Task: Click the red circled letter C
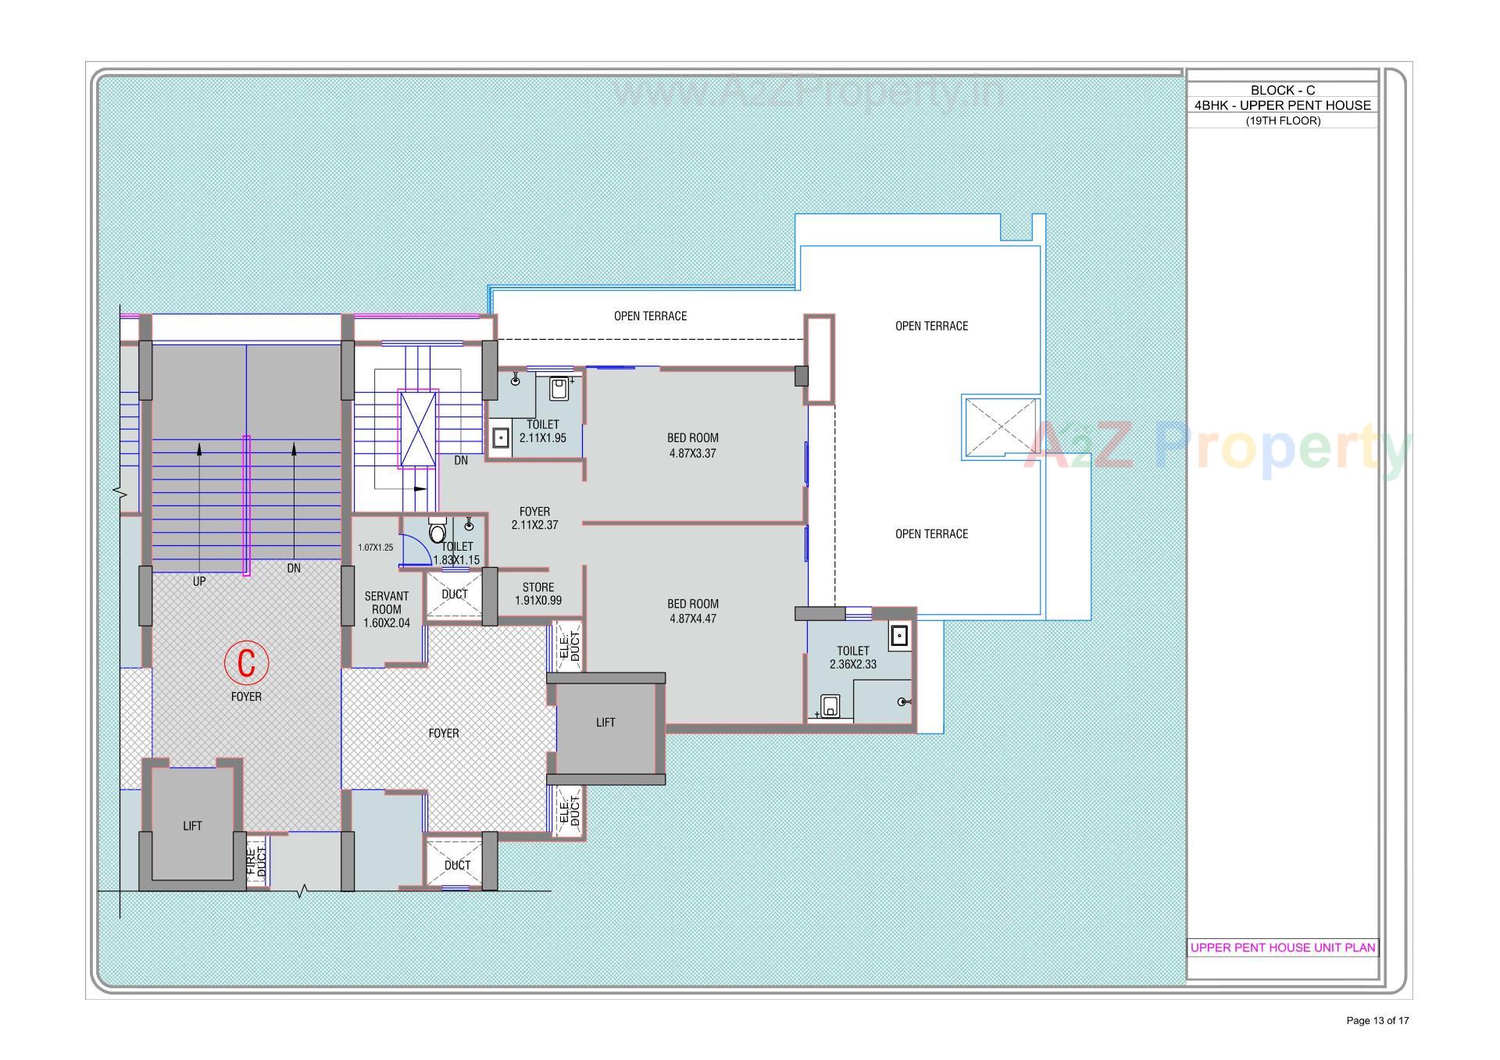pos(246,662)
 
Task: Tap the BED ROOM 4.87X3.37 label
pos(692,445)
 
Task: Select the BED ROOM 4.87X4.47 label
pos(692,611)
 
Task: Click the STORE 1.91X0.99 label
pos(537,594)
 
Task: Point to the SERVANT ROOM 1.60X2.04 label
pos(386,609)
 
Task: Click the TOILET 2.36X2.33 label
pos(852,657)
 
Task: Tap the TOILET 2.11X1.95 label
pos(542,431)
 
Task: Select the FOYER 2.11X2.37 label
pos(534,519)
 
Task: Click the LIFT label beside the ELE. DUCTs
pos(605,723)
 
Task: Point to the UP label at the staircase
pos(199,581)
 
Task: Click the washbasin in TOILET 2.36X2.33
pos(899,637)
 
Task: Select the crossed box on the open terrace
pos(1001,427)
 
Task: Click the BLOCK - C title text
pos(1282,90)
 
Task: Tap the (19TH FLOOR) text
pos(1282,120)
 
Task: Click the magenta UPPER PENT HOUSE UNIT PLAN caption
pos(1282,948)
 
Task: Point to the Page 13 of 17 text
pos(1377,1020)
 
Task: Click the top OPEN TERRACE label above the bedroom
pos(650,316)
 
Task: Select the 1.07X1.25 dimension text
pos(375,548)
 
